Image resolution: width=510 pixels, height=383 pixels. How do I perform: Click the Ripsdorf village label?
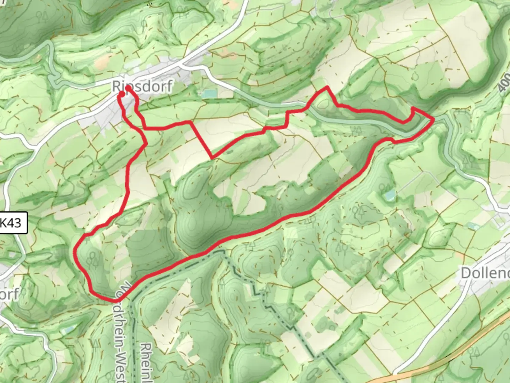tap(142, 86)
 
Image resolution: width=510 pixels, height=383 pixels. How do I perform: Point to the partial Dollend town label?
tap(485, 273)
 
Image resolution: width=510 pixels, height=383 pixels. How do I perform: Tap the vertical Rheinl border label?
tap(146, 362)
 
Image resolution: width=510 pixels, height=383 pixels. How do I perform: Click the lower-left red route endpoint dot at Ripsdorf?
tap(121, 94)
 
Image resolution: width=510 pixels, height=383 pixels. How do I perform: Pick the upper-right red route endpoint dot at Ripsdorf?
tap(127, 89)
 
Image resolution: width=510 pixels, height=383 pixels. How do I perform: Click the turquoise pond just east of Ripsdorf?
tap(209, 94)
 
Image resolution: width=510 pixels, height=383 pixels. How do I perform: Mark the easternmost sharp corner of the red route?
tap(433, 120)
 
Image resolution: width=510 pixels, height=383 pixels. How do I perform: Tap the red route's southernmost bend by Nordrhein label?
tap(113, 301)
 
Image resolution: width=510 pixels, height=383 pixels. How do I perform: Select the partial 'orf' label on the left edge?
tap(9, 294)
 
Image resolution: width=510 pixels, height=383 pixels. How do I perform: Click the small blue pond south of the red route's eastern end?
tap(390, 194)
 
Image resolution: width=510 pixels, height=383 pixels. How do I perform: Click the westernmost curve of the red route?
tap(75, 251)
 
